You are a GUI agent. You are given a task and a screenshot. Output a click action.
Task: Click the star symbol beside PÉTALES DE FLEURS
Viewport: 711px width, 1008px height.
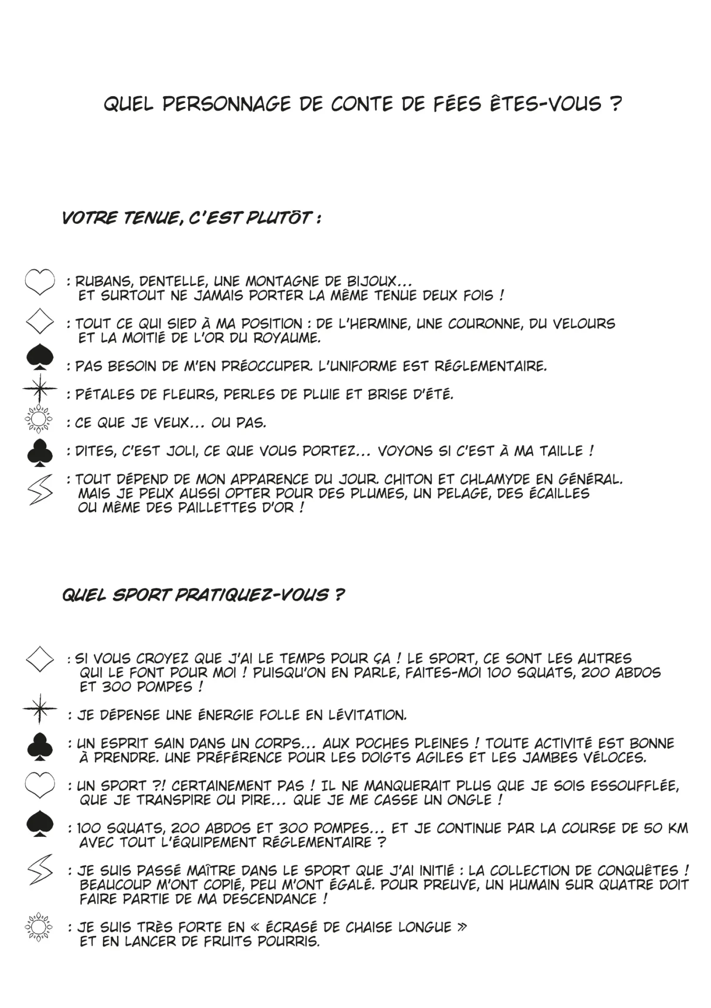click(40, 389)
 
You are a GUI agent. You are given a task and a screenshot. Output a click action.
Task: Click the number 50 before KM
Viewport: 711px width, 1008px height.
click(653, 828)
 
